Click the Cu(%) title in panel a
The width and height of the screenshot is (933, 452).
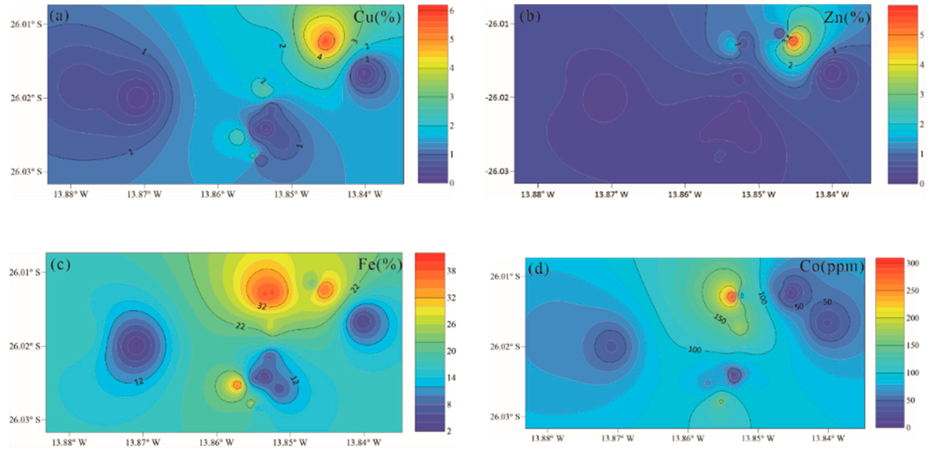(377, 17)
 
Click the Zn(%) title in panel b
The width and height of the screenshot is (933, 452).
(847, 17)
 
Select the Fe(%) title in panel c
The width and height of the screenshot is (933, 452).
(380, 265)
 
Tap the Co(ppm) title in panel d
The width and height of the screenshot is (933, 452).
(831, 266)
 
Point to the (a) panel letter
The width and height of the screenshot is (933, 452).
(59, 16)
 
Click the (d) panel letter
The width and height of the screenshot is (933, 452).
(538, 269)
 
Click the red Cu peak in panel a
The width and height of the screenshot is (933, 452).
(325, 42)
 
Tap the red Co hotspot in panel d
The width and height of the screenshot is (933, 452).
(731, 296)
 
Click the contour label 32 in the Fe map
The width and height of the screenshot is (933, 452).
(262, 306)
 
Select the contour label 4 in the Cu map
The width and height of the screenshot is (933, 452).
(320, 57)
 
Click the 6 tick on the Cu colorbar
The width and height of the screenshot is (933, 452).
(452, 10)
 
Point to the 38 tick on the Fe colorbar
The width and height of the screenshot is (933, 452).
(451, 271)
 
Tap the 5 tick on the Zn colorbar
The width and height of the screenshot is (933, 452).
(922, 35)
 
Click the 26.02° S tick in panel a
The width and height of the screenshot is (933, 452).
(26, 98)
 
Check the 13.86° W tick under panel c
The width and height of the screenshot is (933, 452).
(216, 443)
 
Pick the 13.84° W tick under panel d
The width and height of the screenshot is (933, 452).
(828, 438)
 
